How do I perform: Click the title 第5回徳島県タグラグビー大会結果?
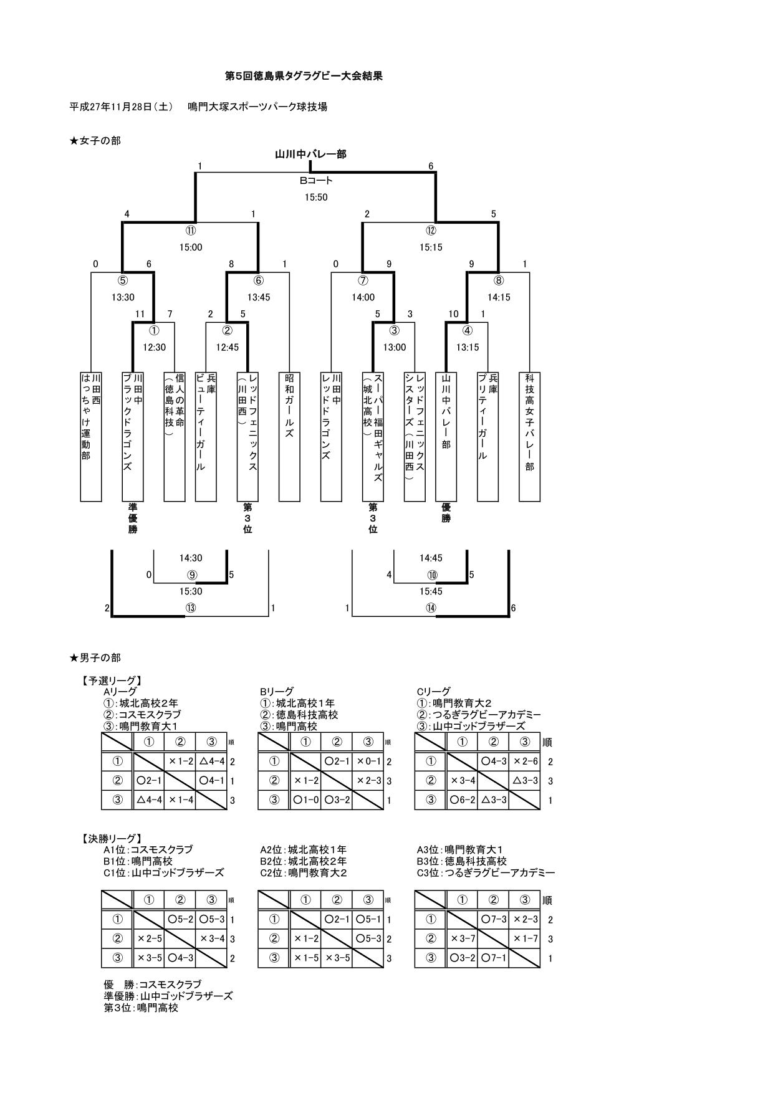(303, 76)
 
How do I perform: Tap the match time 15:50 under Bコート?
(316, 198)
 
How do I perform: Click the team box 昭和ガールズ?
(289, 436)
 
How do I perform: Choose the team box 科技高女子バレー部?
(529, 436)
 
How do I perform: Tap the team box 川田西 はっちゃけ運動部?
(91, 436)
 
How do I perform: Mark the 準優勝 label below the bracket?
(133, 518)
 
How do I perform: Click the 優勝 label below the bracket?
(446, 513)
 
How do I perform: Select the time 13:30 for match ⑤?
(123, 298)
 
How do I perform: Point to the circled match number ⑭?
(431, 608)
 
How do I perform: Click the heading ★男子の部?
(95, 657)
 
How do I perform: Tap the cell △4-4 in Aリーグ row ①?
(211, 761)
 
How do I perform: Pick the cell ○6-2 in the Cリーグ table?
(462, 799)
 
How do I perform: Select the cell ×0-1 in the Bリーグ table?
(368, 761)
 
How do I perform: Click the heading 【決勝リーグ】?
(111, 839)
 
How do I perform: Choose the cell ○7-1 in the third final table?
(494, 958)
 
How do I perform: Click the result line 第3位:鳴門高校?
(141, 1008)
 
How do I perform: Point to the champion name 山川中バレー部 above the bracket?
(310, 154)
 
